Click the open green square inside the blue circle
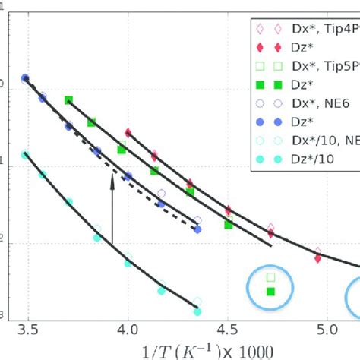[x=272, y=277]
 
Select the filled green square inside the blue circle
[x=272, y=292]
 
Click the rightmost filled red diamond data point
[x=317, y=258]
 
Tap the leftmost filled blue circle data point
[x=25, y=78]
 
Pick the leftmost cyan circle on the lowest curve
[x=25, y=154]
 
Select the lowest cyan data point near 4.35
[x=197, y=311]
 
